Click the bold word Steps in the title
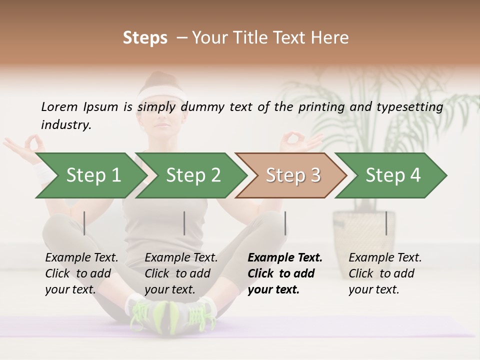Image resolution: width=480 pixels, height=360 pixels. pos(145,37)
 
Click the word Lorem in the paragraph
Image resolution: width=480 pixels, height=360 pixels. pos(59,106)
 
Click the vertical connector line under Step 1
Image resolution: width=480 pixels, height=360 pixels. pos(84,223)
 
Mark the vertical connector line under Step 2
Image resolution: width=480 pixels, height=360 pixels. pos(184,223)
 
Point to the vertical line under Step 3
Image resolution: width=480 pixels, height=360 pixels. pos(285,223)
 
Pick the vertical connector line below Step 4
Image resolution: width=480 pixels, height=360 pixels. pos(386,223)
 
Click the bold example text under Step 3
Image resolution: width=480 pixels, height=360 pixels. pos(285,273)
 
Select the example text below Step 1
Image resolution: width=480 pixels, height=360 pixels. pos(81,273)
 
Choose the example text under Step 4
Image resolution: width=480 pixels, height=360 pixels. pos(385,273)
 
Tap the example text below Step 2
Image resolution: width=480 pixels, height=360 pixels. pos(181,273)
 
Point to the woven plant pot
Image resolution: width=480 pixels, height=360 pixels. pos(364,225)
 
